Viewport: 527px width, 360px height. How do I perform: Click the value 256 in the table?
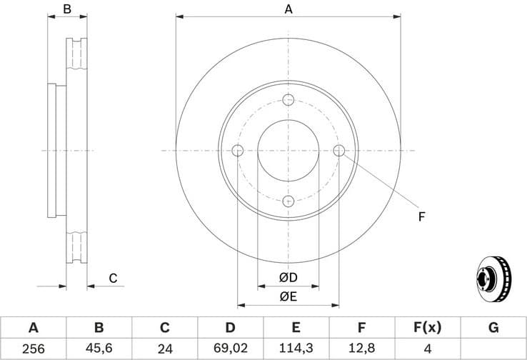[33, 350]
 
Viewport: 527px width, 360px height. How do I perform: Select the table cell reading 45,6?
[99, 350]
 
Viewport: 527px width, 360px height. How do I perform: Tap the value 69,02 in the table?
[230, 350]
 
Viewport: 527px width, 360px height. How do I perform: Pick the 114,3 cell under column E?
[296, 350]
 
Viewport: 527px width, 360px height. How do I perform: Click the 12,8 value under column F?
[361, 350]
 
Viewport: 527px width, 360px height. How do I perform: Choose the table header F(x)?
[427, 328]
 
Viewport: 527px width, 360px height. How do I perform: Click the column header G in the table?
[493, 328]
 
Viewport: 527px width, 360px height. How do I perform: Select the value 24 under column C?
[164, 350]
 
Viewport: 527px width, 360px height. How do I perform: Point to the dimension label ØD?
[288, 276]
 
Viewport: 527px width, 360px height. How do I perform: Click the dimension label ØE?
[288, 296]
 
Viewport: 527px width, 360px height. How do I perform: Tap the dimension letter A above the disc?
[288, 9]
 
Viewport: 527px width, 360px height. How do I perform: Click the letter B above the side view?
[67, 9]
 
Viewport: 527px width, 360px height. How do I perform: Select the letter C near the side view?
[112, 279]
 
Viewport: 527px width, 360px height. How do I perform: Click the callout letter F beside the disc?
[421, 216]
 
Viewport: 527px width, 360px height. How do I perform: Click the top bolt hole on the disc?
[288, 100]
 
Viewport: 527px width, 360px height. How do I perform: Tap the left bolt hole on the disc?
[238, 151]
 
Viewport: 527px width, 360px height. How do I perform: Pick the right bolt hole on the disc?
[339, 150]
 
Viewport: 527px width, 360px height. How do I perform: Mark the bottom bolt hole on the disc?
[288, 201]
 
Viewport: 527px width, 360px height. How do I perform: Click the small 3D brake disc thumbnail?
[493, 278]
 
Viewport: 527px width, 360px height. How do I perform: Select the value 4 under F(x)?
[427, 350]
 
